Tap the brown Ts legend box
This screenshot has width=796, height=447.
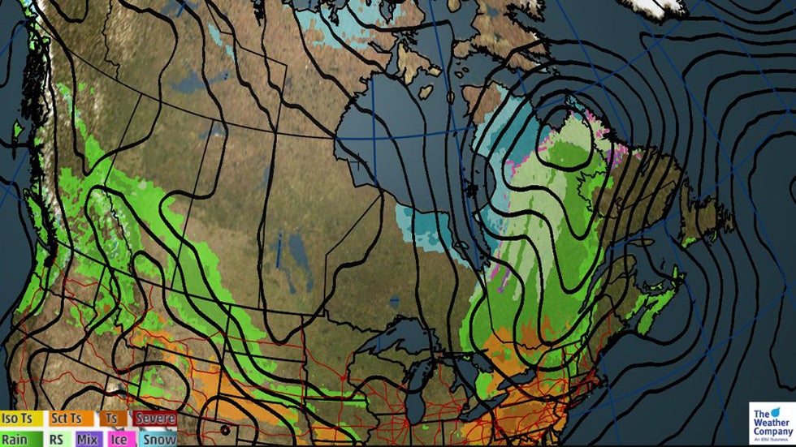click(x=110, y=419)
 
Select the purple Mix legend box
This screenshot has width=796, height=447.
click(x=88, y=438)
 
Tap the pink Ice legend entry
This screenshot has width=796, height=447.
click(x=119, y=438)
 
